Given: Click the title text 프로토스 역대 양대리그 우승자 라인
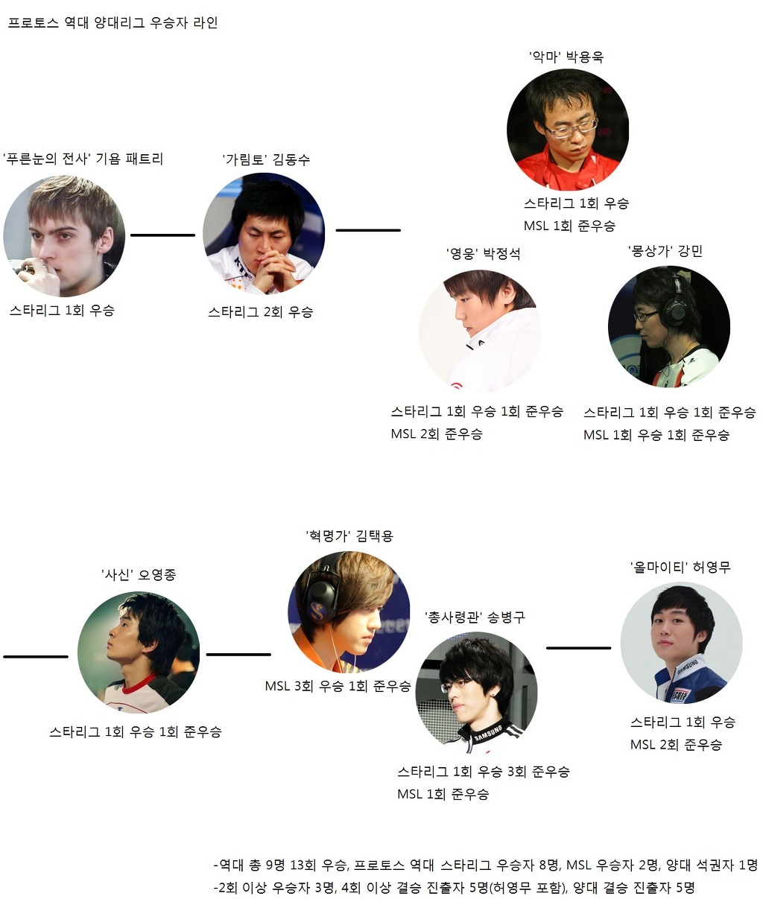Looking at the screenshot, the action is pyautogui.click(x=113, y=22).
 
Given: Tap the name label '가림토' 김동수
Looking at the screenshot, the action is pyautogui.click(x=266, y=159).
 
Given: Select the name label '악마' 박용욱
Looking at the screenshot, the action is pyautogui.click(x=566, y=57).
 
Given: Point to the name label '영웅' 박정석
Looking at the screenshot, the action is pyautogui.click(x=484, y=253).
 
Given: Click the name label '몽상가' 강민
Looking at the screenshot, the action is pyautogui.click(x=665, y=251).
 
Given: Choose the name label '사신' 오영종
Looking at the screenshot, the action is pyautogui.click(x=139, y=574).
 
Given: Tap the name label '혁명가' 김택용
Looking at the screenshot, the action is pyautogui.click(x=349, y=536).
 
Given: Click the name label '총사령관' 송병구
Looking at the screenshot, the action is pyautogui.click(x=475, y=617).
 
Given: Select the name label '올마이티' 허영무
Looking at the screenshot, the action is pyautogui.click(x=680, y=567).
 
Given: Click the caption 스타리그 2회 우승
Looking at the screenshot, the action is pyautogui.click(x=261, y=312).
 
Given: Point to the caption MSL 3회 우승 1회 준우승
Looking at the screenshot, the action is pyautogui.click(x=338, y=686).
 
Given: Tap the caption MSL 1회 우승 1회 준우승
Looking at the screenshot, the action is pyautogui.click(x=656, y=434).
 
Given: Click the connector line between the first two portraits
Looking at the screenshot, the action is pyautogui.click(x=162, y=235).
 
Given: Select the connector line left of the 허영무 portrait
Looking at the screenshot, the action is pyautogui.click(x=578, y=648).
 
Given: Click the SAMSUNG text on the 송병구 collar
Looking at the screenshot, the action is pyautogui.click(x=487, y=732).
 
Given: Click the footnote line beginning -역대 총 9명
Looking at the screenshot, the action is pyautogui.click(x=486, y=865).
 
